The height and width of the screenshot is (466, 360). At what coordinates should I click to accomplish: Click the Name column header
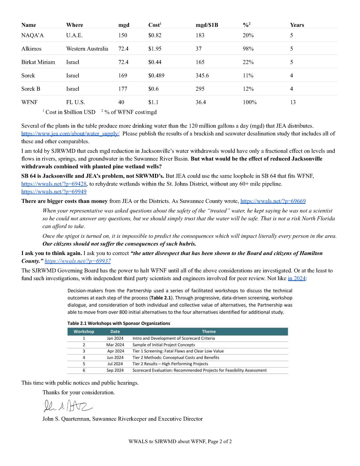pyautogui.click(x=29, y=25)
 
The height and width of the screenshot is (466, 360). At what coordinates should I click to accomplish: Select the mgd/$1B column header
pyautogui.click(x=207, y=25)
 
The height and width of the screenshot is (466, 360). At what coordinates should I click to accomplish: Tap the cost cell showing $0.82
pyautogui.click(x=155, y=35)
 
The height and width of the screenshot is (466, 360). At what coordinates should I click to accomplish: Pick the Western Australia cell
pyautogui.click(x=87, y=49)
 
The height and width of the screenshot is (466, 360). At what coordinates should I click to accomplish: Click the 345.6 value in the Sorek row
pyautogui.click(x=202, y=75)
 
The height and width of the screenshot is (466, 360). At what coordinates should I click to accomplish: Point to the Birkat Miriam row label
pyautogui.click(x=38, y=62)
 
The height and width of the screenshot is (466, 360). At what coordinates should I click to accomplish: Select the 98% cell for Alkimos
pyautogui.click(x=248, y=49)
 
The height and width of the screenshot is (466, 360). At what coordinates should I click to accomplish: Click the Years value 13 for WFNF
pyautogui.click(x=293, y=102)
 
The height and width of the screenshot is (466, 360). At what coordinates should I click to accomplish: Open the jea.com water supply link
pyautogui.click(x=70, y=134)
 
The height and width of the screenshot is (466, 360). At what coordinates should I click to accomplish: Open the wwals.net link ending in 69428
pyautogui.click(x=54, y=184)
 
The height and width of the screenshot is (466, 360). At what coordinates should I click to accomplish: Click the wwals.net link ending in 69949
pyautogui.click(x=54, y=191)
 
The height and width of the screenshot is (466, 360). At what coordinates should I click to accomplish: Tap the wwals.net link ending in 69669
pyautogui.click(x=273, y=201)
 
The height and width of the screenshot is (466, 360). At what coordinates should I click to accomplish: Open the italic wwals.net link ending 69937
pyautogui.click(x=78, y=261)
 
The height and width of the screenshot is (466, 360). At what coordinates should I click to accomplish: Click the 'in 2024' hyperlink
pyautogui.click(x=296, y=278)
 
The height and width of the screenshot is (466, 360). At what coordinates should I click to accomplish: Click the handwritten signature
pyautogui.click(x=68, y=406)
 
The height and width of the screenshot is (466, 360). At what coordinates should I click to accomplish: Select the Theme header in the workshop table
pyautogui.click(x=209, y=332)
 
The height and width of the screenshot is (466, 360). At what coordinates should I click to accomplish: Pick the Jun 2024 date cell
pyautogui.click(x=115, y=358)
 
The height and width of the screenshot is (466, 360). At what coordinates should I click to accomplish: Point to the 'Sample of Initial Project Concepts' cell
pyautogui.click(x=163, y=345)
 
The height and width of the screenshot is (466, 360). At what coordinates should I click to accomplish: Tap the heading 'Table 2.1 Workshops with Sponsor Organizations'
pyautogui.click(x=119, y=323)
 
